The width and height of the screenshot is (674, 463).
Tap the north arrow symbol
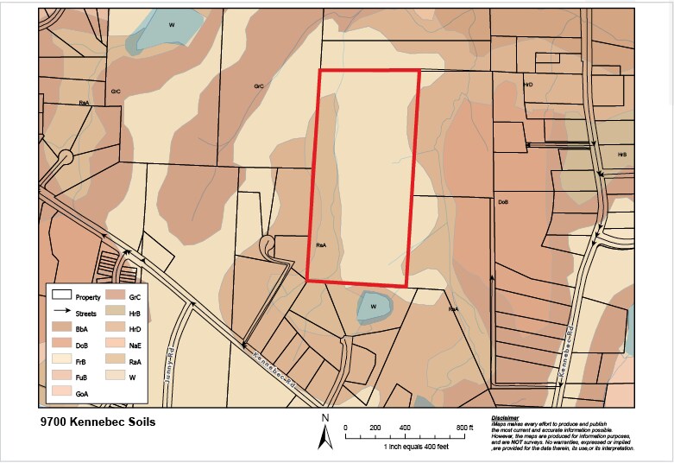(325, 431)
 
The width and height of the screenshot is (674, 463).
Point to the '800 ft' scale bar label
(465, 428)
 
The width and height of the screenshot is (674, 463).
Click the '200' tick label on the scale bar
(375, 428)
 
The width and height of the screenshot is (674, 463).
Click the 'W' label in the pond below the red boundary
(374, 307)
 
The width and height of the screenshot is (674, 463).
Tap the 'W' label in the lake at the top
(172, 24)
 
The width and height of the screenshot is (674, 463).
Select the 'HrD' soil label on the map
(528, 85)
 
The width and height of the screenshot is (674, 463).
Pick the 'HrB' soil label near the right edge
(621, 155)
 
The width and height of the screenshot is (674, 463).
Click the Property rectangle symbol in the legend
(60, 296)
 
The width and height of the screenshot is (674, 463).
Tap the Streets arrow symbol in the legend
(60, 313)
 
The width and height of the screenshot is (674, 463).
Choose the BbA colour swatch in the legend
(60, 329)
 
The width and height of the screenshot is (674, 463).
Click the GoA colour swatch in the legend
(60, 393)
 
